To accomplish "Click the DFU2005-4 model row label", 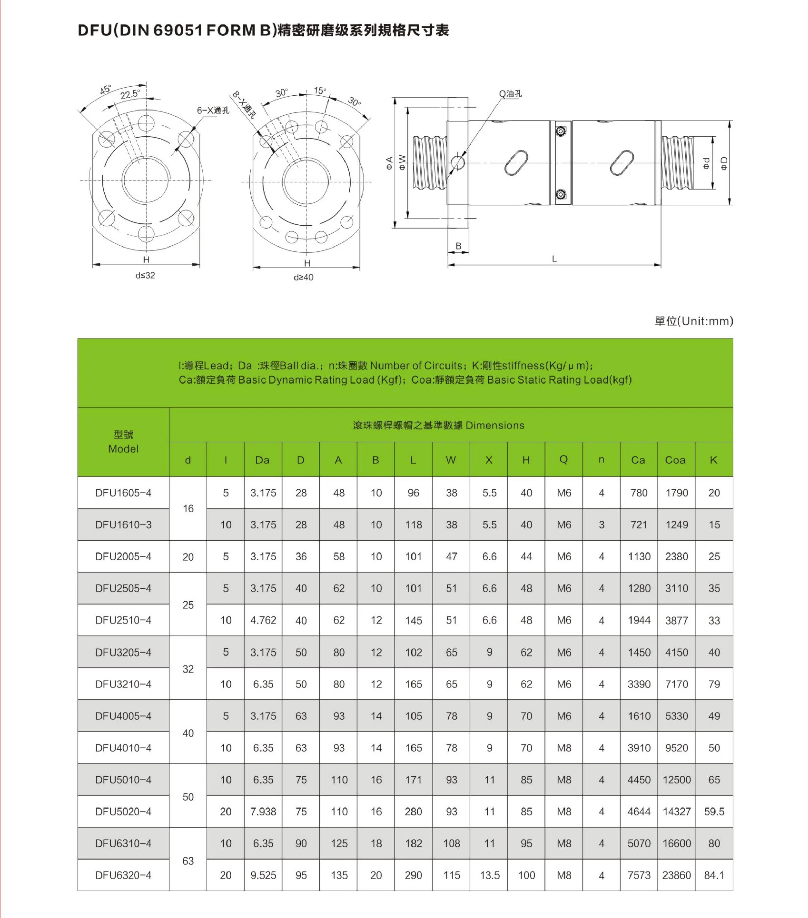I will [123, 557].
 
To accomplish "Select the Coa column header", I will [675, 460].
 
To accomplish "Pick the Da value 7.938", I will [263, 812].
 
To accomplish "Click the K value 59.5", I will [714, 812].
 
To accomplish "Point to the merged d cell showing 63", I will [188, 861].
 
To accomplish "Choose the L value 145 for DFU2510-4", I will [413, 620].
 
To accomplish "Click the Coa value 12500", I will [676, 780].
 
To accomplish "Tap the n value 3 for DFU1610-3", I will [601, 525].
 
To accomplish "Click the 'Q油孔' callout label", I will [510, 94].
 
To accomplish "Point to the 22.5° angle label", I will [130, 94].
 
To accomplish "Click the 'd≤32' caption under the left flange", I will [145, 275].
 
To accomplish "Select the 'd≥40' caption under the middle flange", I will [303, 277].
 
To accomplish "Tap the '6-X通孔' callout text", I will [213, 110].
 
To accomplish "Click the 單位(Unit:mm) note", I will [693, 321].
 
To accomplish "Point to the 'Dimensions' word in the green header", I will [494, 425].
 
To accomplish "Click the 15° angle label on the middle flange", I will [320, 91].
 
